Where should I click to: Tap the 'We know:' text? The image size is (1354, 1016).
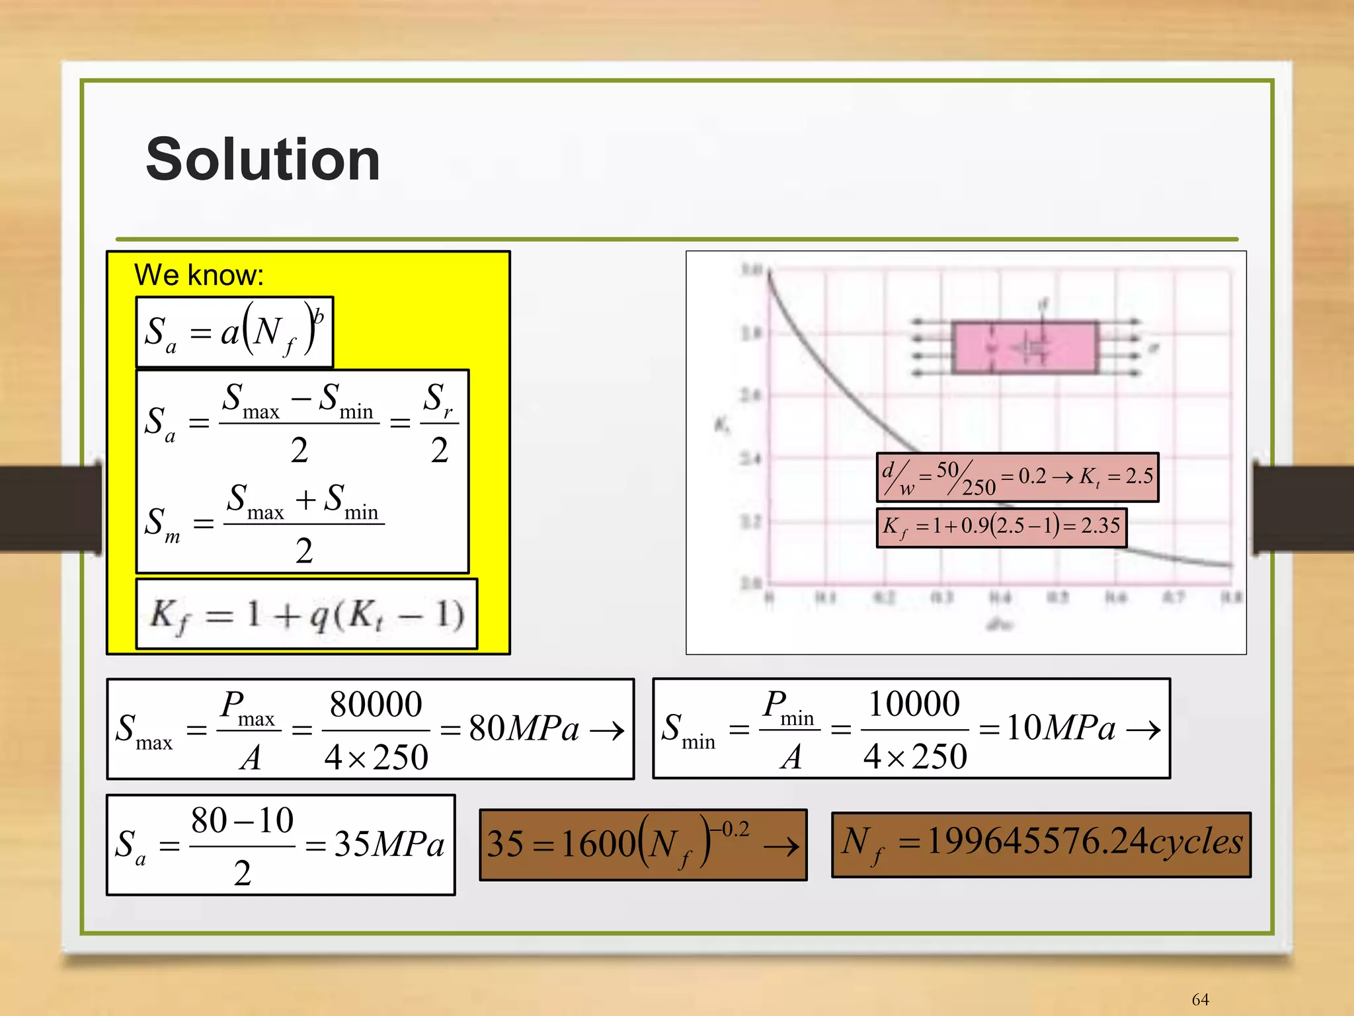198,275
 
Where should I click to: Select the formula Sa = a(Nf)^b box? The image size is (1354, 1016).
234,332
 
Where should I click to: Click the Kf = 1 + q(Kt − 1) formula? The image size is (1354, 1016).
306,615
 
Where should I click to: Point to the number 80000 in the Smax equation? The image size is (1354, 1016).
376,705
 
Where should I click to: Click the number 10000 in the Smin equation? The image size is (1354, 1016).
914,704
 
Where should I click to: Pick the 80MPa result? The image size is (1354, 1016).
524,729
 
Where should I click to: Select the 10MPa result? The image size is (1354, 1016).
1060,728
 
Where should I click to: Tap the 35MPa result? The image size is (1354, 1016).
389,845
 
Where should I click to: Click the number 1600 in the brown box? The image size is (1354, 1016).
598,845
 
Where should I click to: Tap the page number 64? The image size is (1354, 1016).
1200,999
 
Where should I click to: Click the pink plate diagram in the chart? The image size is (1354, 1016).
1024,348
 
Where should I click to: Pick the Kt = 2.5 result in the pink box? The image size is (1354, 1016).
1117,477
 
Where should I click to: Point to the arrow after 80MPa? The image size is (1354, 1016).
607,730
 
